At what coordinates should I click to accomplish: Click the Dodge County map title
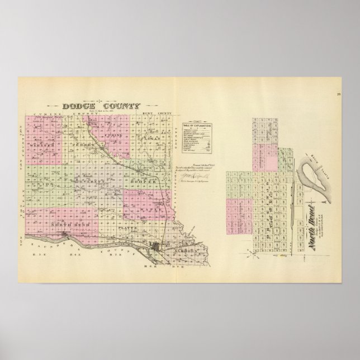pyautogui.click(x=93, y=105)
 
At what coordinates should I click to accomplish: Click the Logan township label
pyautogui.click(x=151, y=138)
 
